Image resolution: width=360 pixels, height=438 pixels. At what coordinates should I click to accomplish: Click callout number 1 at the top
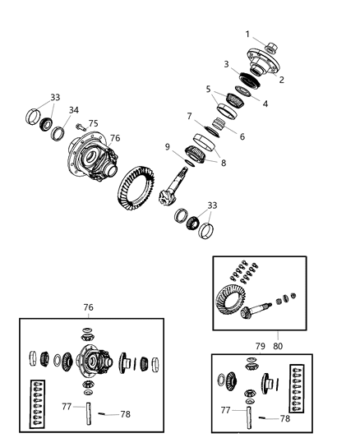click(x=247, y=34)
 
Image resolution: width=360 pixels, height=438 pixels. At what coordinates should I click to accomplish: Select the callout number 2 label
click(x=281, y=80)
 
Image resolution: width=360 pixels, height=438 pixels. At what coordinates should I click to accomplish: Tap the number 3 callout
click(x=225, y=64)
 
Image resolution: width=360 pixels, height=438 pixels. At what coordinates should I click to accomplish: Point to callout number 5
click(x=209, y=89)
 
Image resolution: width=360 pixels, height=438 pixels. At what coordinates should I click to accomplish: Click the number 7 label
click(x=189, y=116)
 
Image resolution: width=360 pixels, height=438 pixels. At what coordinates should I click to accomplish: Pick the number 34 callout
click(x=74, y=110)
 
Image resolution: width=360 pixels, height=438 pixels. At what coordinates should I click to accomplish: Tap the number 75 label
click(x=93, y=124)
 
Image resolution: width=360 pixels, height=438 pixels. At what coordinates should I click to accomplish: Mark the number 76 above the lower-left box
click(x=88, y=307)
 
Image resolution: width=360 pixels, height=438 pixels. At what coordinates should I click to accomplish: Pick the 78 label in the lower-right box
click(x=284, y=419)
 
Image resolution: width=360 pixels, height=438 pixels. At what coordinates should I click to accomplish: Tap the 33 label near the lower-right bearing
click(x=214, y=205)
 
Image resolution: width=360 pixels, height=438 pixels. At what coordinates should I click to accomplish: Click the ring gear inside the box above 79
click(x=233, y=297)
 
